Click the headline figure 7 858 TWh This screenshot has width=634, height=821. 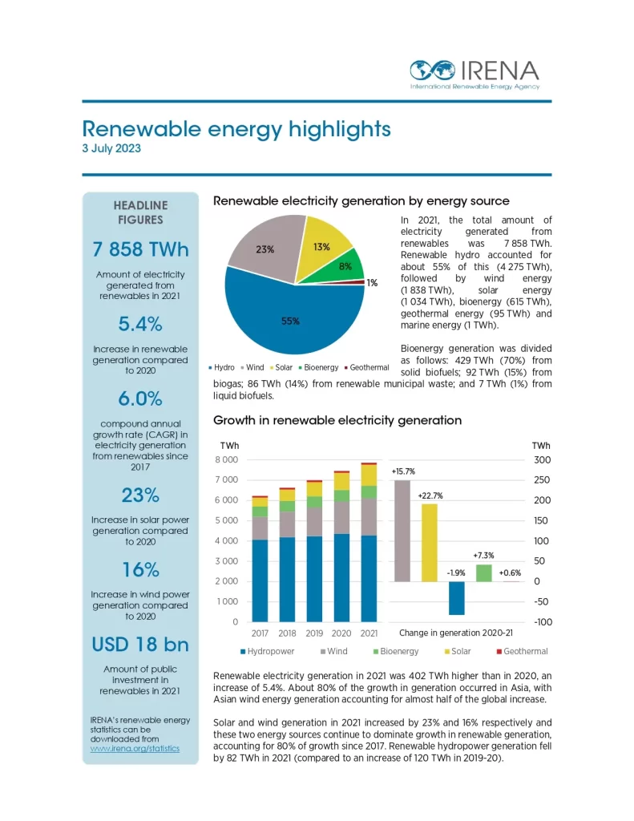tap(140, 250)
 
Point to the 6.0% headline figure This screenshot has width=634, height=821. tap(140, 398)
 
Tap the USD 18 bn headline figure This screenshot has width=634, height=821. tap(140, 645)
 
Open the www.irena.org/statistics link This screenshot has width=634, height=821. tap(135, 748)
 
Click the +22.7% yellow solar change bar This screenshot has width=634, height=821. tap(429, 542)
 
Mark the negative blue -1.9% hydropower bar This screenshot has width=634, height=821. tap(457, 598)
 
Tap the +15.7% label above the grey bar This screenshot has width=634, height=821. tap(402, 471)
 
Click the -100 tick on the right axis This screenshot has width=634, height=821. tap(541, 622)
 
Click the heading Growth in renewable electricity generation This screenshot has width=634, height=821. tap(337, 420)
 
